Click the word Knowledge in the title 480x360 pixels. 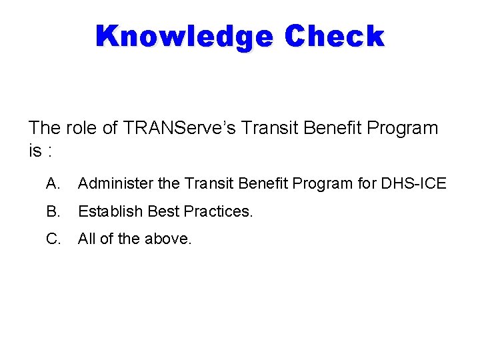pyautogui.click(x=184, y=37)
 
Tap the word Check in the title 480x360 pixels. pyautogui.click(x=335, y=37)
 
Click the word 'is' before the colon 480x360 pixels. pyautogui.click(x=35, y=151)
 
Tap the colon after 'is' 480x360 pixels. pyautogui.click(x=51, y=152)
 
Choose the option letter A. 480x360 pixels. pyautogui.click(x=53, y=183)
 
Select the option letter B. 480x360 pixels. pyautogui.click(x=53, y=211)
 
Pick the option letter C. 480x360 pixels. pyautogui.click(x=53, y=239)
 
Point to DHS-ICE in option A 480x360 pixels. pyautogui.click(x=413, y=183)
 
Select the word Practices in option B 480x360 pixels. pyautogui.click(x=218, y=211)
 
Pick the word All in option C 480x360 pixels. pyautogui.click(x=87, y=239)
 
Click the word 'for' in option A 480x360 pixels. pyautogui.click(x=367, y=183)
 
